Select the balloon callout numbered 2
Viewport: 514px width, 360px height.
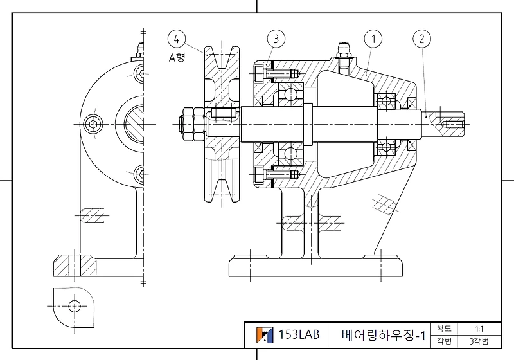pos(421,39)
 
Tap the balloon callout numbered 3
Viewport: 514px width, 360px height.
pos(275,39)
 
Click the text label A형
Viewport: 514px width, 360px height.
pos(177,57)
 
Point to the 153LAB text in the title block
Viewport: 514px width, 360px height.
pos(299,334)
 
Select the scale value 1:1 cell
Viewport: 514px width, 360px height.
pos(479,328)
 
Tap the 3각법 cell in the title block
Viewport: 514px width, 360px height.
pos(479,341)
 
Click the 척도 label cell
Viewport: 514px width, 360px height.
pos(443,328)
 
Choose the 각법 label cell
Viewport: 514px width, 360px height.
pos(443,341)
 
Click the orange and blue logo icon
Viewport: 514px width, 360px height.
pos(264,334)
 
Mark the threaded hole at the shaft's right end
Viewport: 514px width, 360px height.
pos(454,123)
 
